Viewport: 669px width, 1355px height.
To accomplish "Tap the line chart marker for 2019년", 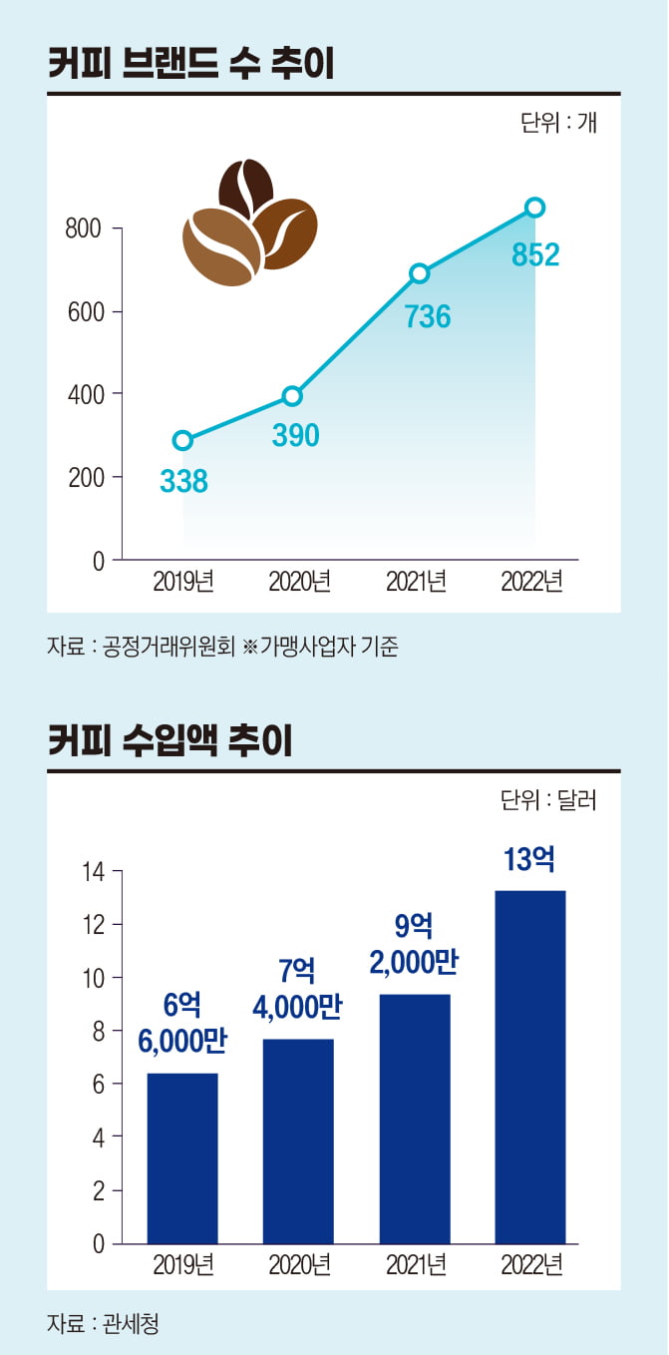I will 182,441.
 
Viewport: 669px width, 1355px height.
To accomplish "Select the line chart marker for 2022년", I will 534,208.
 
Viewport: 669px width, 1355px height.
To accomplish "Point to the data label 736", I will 428,316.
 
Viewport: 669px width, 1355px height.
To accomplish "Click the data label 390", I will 295,435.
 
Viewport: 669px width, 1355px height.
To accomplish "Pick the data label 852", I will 535,255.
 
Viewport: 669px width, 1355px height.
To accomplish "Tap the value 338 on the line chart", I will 183,482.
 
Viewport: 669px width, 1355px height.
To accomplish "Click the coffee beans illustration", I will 248,221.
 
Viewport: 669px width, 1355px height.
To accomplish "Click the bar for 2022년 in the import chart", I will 529,1067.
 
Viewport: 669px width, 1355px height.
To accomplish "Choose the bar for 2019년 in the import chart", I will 182,1157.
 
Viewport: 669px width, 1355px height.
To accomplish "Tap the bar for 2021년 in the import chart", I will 414,1119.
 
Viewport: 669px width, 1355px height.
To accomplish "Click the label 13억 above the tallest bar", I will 529,859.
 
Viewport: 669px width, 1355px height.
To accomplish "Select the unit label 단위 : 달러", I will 548,800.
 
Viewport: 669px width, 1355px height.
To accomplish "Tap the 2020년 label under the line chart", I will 299,582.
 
